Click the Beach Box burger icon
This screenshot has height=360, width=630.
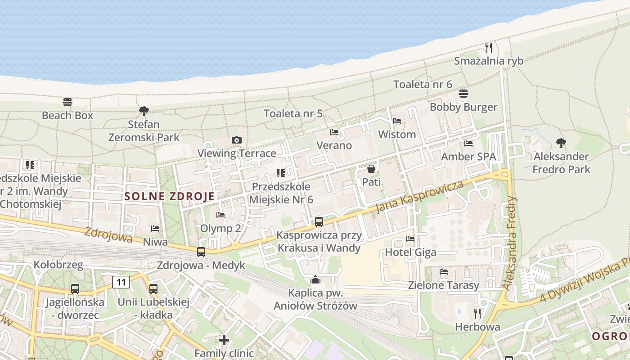[67, 102]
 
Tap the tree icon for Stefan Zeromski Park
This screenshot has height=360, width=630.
[144, 111]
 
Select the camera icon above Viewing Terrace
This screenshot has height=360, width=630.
[237, 140]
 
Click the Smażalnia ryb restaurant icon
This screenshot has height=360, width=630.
[489, 47]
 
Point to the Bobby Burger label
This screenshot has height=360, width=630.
[463, 107]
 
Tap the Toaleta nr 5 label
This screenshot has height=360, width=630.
[293, 113]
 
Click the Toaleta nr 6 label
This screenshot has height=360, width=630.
[423, 84]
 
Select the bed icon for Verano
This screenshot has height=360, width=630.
[334, 132]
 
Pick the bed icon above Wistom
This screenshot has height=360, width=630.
[397, 121]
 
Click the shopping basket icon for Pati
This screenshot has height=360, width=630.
[371, 169]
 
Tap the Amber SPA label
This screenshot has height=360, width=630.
[468, 157]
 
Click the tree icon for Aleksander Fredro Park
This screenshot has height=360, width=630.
[561, 143]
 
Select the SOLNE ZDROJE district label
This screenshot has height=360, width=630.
[169, 196]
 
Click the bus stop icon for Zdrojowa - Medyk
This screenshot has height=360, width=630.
[201, 252]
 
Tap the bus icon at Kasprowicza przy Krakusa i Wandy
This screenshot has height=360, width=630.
[319, 221]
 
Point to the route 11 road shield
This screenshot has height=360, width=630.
[121, 282]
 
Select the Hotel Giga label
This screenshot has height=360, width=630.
[410, 252]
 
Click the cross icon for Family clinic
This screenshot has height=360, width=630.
[224, 340]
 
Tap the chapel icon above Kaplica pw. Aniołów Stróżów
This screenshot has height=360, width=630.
[315, 280]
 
